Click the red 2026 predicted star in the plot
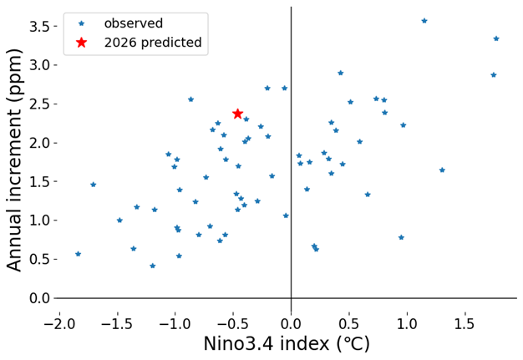(237, 114)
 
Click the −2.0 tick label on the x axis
(58, 322)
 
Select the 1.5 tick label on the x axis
(465, 322)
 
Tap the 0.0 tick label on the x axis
(291, 322)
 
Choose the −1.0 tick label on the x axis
(174, 322)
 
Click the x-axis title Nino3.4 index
(287, 344)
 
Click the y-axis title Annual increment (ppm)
(15, 159)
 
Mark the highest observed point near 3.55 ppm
(424, 21)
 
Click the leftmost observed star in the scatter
(79, 254)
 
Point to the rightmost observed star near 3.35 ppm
(496, 38)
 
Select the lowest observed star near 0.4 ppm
(153, 266)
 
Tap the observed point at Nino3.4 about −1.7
(93, 185)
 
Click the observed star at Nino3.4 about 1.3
(442, 170)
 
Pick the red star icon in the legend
(81, 42)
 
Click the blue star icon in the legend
(81, 23)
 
